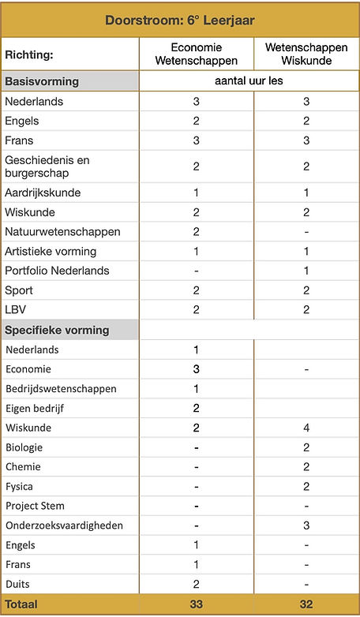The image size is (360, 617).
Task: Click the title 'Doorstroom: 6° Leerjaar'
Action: (x=180, y=20)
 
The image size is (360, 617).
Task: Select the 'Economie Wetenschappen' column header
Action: (x=196, y=54)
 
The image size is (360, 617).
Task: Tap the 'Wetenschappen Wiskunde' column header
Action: (x=306, y=54)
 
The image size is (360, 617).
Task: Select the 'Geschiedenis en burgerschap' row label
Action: (x=47, y=166)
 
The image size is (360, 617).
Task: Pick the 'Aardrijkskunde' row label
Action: (x=43, y=193)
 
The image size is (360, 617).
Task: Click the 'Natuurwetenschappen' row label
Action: (x=62, y=232)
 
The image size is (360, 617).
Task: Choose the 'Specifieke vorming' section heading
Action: (x=57, y=330)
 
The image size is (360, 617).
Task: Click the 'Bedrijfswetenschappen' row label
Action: (x=61, y=389)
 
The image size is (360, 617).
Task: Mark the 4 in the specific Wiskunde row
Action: (x=306, y=428)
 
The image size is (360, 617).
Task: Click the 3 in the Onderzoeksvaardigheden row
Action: (x=306, y=525)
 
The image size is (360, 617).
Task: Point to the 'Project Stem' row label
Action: (x=35, y=506)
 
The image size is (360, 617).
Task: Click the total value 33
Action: (x=196, y=604)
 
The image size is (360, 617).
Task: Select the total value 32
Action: (x=306, y=604)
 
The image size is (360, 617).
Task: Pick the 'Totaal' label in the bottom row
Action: (x=22, y=604)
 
